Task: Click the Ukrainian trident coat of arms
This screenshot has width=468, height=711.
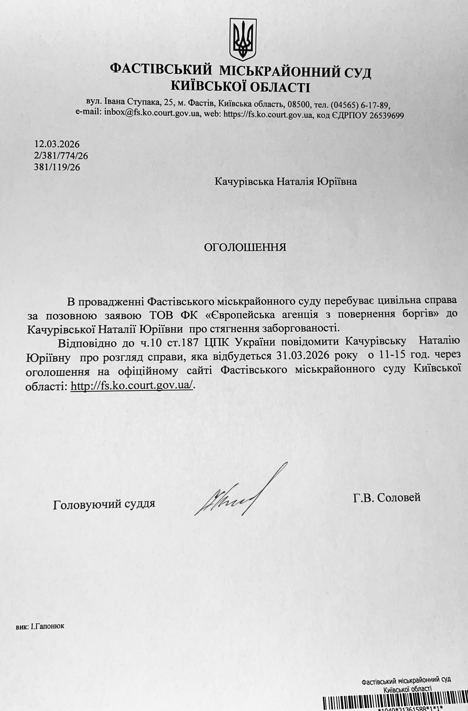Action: [x=243, y=39]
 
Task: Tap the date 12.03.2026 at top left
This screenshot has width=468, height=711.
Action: [x=57, y=145]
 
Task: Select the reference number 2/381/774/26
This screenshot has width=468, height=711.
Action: [x=61, y=156]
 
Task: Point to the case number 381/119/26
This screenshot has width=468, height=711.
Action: [x=57, y=167]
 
